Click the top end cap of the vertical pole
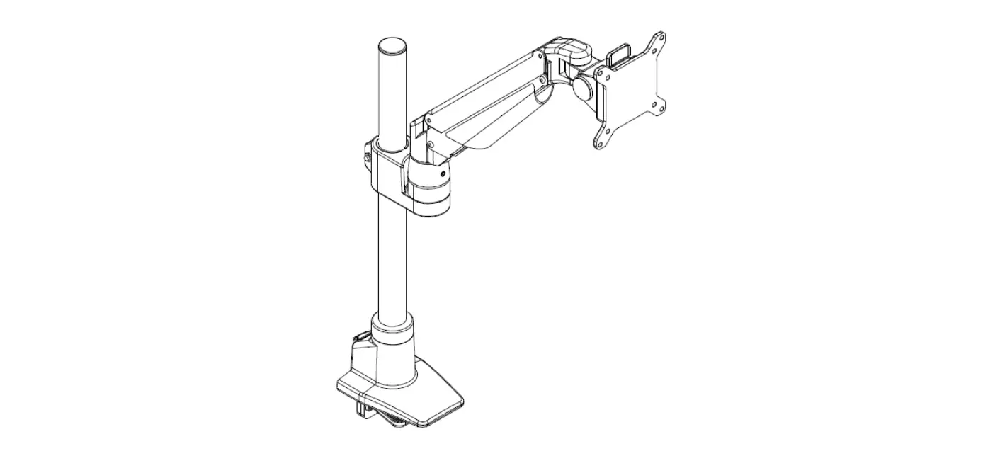pyautogui.click(x=393, y=47)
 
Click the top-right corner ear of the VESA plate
pyautogui.click(x=660, y=40)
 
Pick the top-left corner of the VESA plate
pyautogui.click(x=601, y=72)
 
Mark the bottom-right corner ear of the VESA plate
pyautogui.click(x=662, y=106)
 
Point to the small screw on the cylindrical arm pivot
pyautogui.click(x=442, y=172)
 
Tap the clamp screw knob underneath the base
pyautogui.click(x=397, y=424)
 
